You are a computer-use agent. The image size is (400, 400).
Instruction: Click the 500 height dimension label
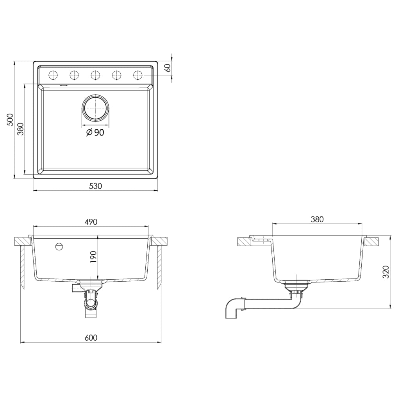(11, 120)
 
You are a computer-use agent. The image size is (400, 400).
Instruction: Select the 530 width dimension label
(95, 186)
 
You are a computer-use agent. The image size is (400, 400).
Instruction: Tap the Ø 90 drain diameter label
(95, 133)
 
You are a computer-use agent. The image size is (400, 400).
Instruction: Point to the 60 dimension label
(168, 68)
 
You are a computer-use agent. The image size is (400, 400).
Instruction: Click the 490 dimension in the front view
(91, 221)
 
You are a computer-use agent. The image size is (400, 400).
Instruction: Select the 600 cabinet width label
(91, 337)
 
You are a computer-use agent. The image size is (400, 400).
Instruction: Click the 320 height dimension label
(386, 271)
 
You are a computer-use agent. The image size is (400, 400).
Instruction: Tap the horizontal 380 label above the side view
(317, 219)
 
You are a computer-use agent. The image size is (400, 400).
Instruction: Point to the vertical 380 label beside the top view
(21, 129)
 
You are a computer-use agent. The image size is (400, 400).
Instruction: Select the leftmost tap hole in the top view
(53, 74)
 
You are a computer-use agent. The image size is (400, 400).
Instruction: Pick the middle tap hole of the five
(95, 74)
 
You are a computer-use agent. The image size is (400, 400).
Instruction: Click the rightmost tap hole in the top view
(137, 74)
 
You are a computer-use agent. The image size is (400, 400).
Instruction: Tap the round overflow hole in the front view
(59, 246)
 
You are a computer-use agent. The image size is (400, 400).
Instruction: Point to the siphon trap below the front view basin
(90, 303)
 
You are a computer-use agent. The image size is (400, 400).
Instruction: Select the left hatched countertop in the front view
(23, 241)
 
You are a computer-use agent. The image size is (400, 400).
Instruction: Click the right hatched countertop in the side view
(371, 241)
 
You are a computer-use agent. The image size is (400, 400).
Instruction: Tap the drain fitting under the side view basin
(296, 289)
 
